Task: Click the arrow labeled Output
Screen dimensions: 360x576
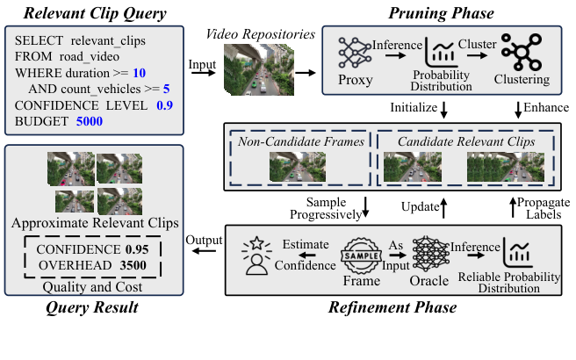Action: [204, 252]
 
